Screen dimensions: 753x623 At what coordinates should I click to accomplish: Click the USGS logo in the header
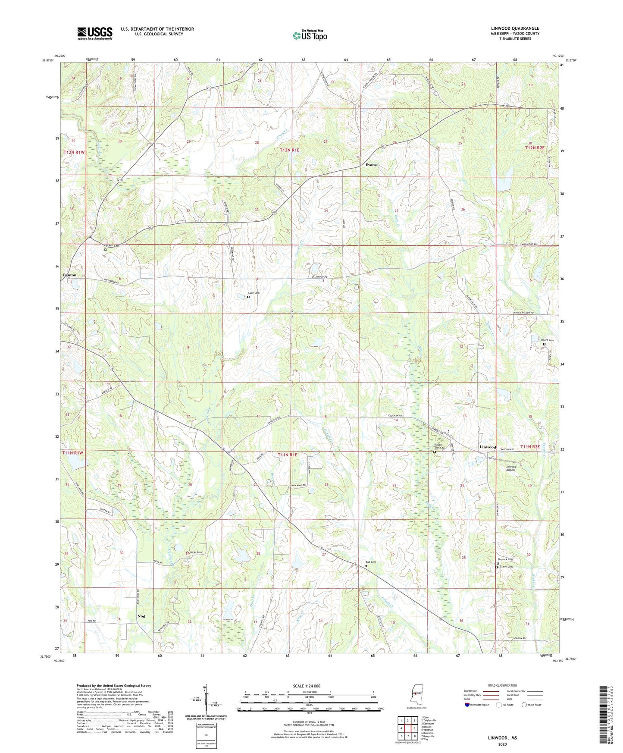click(x=94, y=33)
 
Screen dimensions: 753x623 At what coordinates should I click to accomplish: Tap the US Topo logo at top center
click(x=310, y=35)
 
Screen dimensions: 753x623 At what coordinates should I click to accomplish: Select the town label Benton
click(x=69, y=275)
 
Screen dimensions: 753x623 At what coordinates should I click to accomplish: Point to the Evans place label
click(x=371, y=165)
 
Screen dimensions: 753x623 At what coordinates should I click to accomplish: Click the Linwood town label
click(x=488, y=447)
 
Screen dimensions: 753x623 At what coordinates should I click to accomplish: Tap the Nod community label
click(x=141, y=616)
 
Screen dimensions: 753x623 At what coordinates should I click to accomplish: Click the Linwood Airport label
click(x=510, y=468)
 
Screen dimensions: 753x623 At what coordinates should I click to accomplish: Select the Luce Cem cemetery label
click(x=254, y=293)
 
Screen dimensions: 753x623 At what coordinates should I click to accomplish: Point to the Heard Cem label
click(x=547, y=340)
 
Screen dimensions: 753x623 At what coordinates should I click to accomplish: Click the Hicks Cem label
click(x=196, y=552)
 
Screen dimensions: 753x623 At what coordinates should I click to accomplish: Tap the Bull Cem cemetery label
click(x=371, y=562)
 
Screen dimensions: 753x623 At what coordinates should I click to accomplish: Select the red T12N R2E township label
click(x=535, y=148)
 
